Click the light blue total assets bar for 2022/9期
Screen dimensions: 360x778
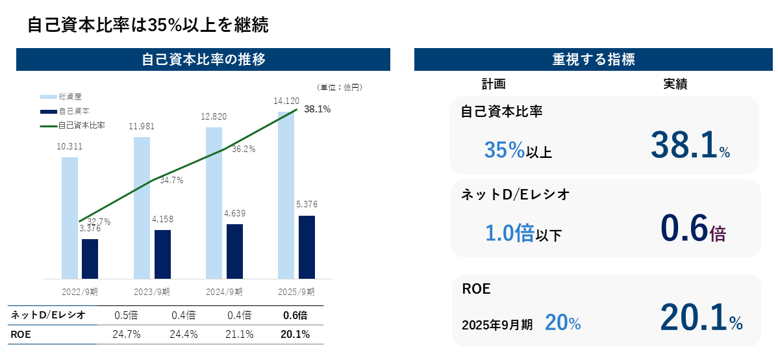(x=69, y=218)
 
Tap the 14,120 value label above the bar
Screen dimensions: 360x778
(x=286, y=100)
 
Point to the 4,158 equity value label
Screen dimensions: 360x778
(x=162, y=219)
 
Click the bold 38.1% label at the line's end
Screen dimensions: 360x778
(x=317, y=109)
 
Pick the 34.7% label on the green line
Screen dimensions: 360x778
(x=171, y=180)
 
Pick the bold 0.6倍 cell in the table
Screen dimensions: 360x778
(x=295, y=315)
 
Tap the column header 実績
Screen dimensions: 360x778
(x=675, y=84)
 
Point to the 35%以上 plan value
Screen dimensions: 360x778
(x=518, y=151)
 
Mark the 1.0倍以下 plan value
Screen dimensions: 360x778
(x=523, y=233)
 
